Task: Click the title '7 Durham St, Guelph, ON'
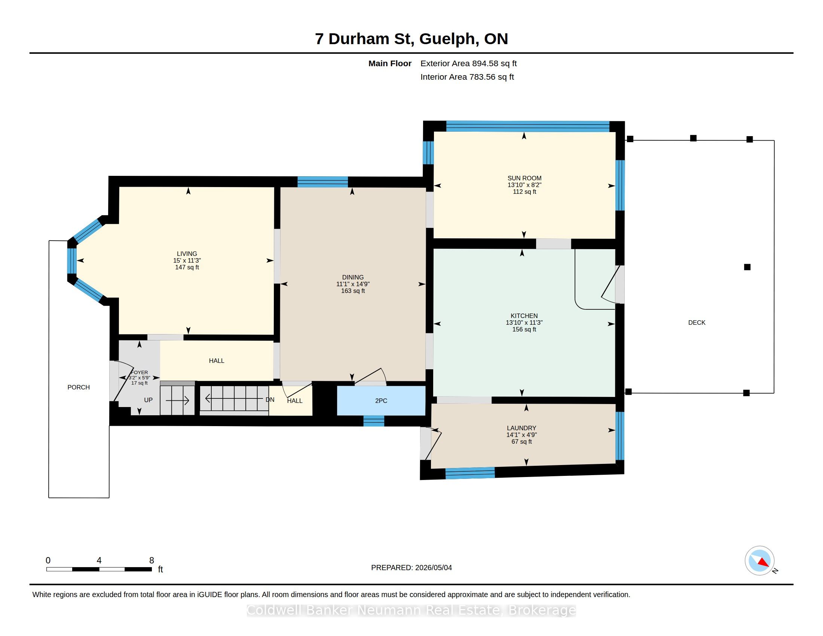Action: coord(411,39)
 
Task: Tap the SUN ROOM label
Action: coord(524,178)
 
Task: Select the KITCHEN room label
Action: coord(524,316)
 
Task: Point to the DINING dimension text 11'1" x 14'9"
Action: coord(353,284)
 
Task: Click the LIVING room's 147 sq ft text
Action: coord(187,267)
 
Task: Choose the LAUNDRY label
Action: coord(521,428)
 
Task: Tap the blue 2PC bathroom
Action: coord(381,401)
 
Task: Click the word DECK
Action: coord(697,322)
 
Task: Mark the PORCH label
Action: coord(79,387)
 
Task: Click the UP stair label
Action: coord(148,400)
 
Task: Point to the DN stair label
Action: coord(270,400)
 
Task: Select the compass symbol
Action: coord(760,561)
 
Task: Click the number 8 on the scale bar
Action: coord(152,560)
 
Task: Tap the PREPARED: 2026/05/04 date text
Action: coord(411,568)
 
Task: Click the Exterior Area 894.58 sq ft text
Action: coord(468,63)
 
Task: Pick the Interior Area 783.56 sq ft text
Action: coord(467,77)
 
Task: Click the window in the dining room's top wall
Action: coord(322,182)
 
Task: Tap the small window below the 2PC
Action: coord(373,421)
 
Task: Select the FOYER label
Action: coord(140,372)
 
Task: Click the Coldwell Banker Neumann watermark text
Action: coord(411,610)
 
